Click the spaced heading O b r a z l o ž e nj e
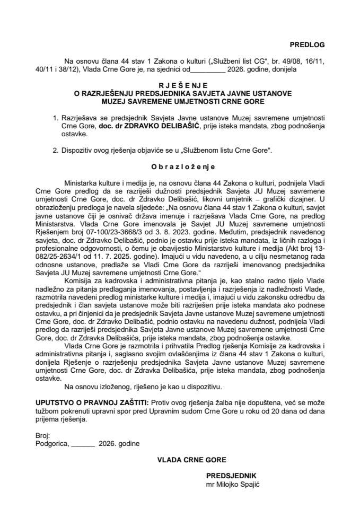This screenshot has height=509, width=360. click(x=180, y=166)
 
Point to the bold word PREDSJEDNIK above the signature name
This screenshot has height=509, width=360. click(x=231, y=476)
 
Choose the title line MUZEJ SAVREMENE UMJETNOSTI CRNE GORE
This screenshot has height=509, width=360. click(x=180, y=101)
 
